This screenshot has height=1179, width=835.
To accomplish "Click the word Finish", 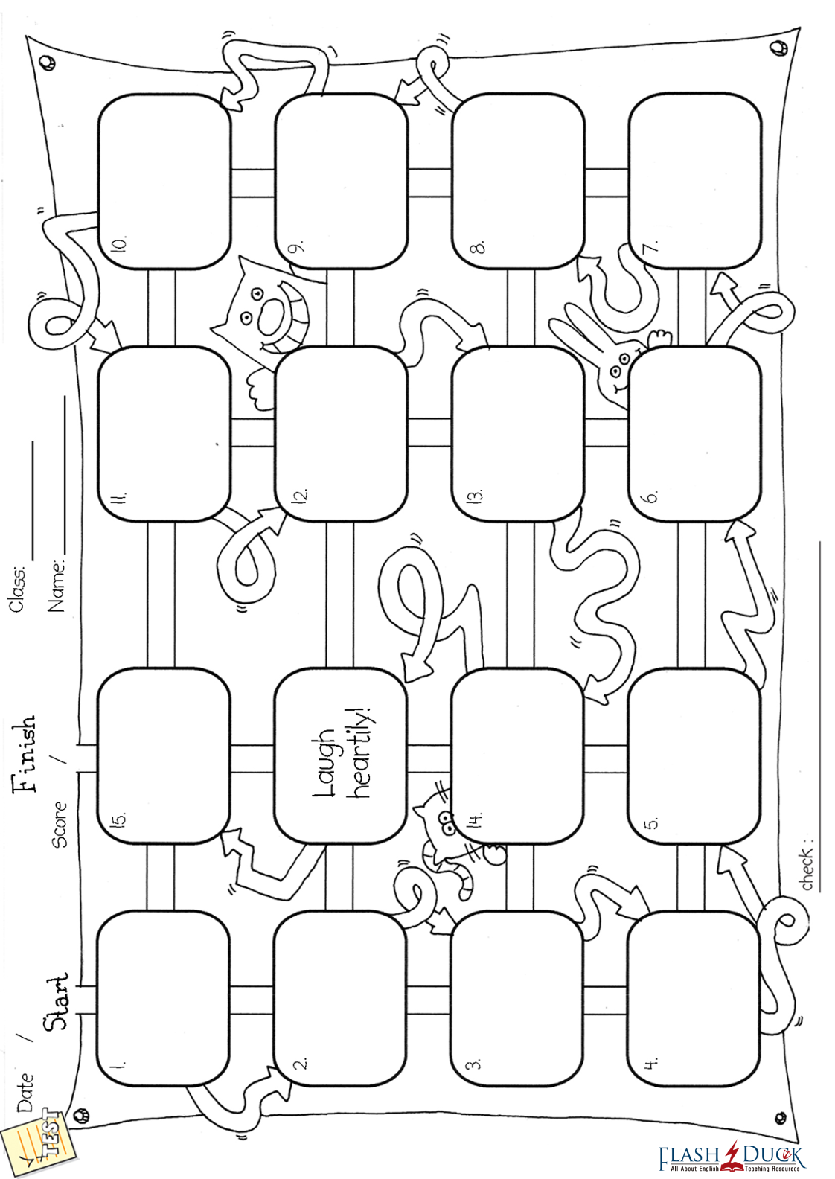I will coord(24,753).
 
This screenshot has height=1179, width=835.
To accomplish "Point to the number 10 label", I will coord(119,243).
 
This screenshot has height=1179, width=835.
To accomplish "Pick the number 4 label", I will coord(650,1064).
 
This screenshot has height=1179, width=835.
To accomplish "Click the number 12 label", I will coord(300,495).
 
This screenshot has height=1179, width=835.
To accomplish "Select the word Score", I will coord(59,824).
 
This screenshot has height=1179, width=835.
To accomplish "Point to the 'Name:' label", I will coord(57,585).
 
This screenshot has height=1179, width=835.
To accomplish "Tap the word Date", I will coord(25,1092).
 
